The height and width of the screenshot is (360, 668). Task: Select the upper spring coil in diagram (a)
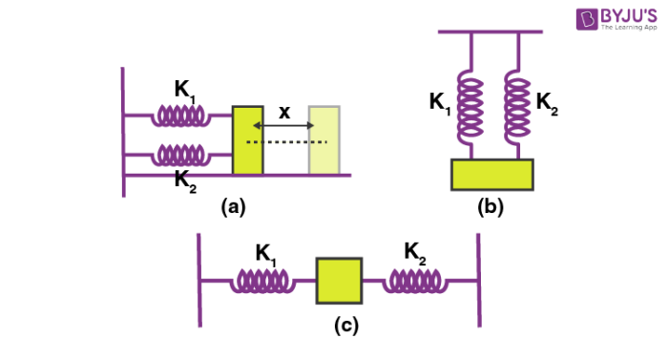click(183, 116)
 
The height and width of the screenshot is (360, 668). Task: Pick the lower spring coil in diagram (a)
click(183, 154)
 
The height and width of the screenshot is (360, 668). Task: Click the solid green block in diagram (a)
click(247, 140)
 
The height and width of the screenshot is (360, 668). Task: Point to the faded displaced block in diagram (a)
click(324, 140)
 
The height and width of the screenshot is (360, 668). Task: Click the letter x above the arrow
click(284, 112)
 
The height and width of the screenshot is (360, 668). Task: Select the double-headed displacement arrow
click(284, 126)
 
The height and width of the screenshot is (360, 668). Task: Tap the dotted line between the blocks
click(286, 142)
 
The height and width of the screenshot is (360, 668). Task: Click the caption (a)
click(236, 204)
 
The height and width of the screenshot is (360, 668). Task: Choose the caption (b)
click(491, 204)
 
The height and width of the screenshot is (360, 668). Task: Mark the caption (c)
click(345, 325)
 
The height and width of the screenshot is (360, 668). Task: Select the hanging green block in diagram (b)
click(491, 175)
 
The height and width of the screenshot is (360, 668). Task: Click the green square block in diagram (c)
click(339, 281)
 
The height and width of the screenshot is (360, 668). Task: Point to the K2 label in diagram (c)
click(415, 252)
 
